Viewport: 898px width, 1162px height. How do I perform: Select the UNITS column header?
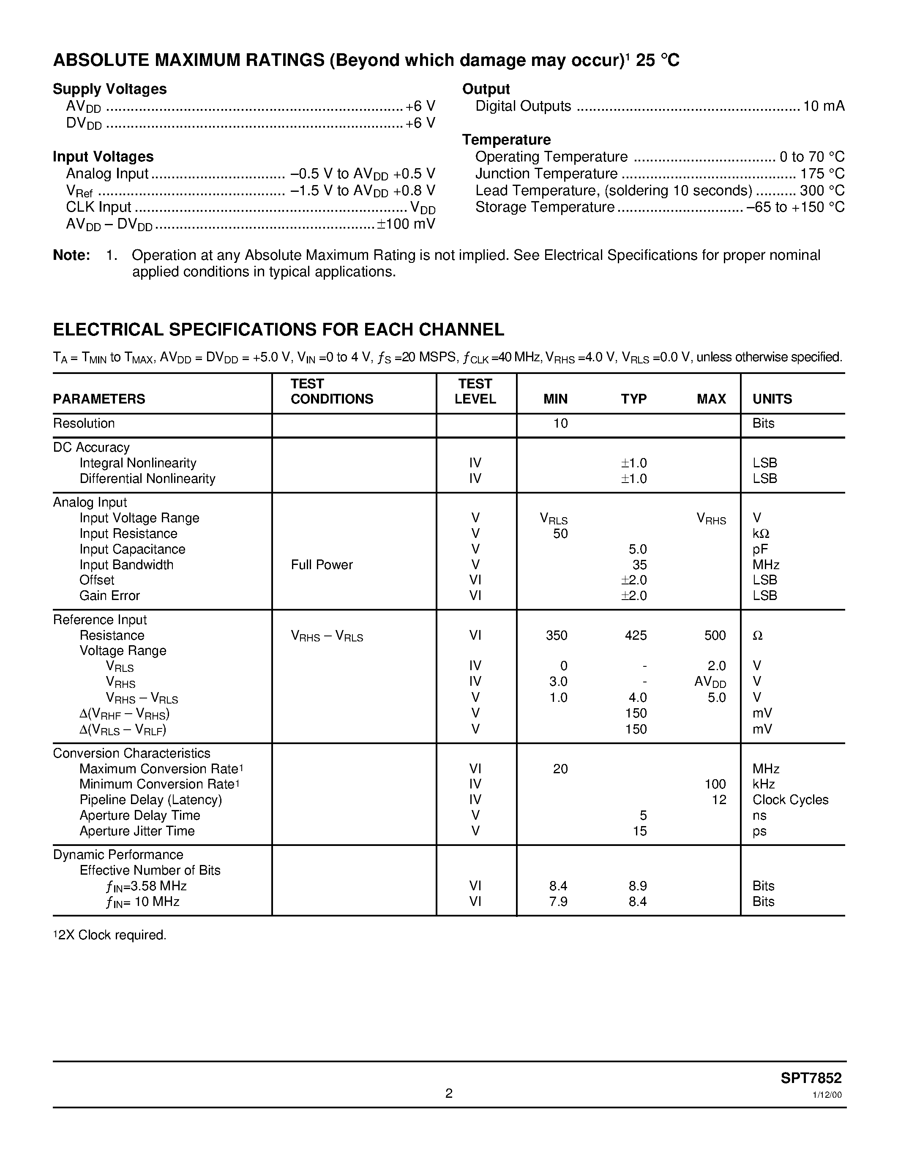click(772, 399)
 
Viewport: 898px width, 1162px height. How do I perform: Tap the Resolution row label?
click(84, 423)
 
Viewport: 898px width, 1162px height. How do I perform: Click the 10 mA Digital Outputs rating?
click(824, 106)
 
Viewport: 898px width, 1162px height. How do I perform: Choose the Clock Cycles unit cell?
click(791, 800)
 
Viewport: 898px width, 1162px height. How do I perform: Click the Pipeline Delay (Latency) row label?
click(150, 800)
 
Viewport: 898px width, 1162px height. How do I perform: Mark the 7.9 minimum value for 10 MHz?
click(558, 901)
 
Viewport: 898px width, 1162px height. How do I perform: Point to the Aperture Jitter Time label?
click(137, 831)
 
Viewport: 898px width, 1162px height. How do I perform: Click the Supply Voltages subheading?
click(109, 89)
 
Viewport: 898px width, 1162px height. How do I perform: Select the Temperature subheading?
click(506, 140)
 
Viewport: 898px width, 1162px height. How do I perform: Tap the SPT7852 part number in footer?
click(811, 1078)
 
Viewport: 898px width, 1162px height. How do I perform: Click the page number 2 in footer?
click(449, 1094)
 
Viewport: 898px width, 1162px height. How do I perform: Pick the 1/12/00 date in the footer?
click(827, 1095)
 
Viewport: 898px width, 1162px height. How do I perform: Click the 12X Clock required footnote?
click(110, 935)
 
